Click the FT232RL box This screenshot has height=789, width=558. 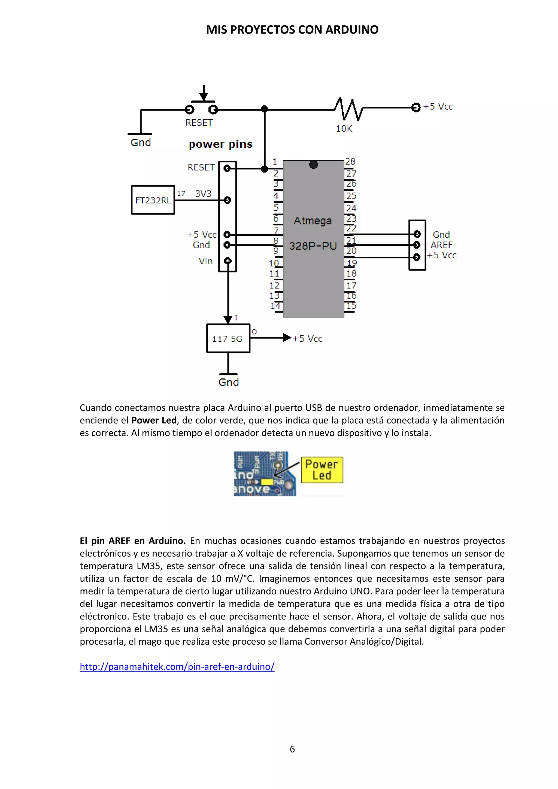[153, 200]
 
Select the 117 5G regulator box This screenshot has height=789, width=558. [228, 338]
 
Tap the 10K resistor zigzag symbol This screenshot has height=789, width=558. [348, 109]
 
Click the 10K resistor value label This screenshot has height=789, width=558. [344, 129]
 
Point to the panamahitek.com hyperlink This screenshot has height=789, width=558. [177, 666]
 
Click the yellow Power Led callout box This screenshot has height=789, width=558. [322, 470]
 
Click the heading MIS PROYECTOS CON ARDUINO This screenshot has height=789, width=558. [292, 30]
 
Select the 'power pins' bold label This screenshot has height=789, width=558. [221, 144]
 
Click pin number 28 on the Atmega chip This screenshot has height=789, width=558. [350, 162]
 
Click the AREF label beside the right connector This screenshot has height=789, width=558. [441, 245]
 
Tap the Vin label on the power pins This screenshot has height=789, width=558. [205, 261]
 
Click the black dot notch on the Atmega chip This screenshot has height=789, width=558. [313, 165]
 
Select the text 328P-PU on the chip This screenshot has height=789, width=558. [313, 246]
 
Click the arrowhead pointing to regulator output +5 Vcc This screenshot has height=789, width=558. [287, 338]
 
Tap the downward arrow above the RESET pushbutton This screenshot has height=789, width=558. [204, 93]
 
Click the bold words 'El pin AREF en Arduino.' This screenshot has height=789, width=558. [133, 541]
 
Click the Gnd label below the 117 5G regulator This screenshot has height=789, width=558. [229, 383]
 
